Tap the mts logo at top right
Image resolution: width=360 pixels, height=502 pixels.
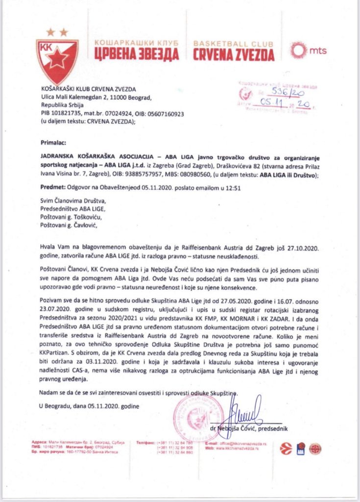click(308, 50)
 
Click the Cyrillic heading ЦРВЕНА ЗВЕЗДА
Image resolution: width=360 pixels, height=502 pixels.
click(144, 54)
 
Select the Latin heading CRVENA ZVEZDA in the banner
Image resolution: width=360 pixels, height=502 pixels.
click(234, 54)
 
